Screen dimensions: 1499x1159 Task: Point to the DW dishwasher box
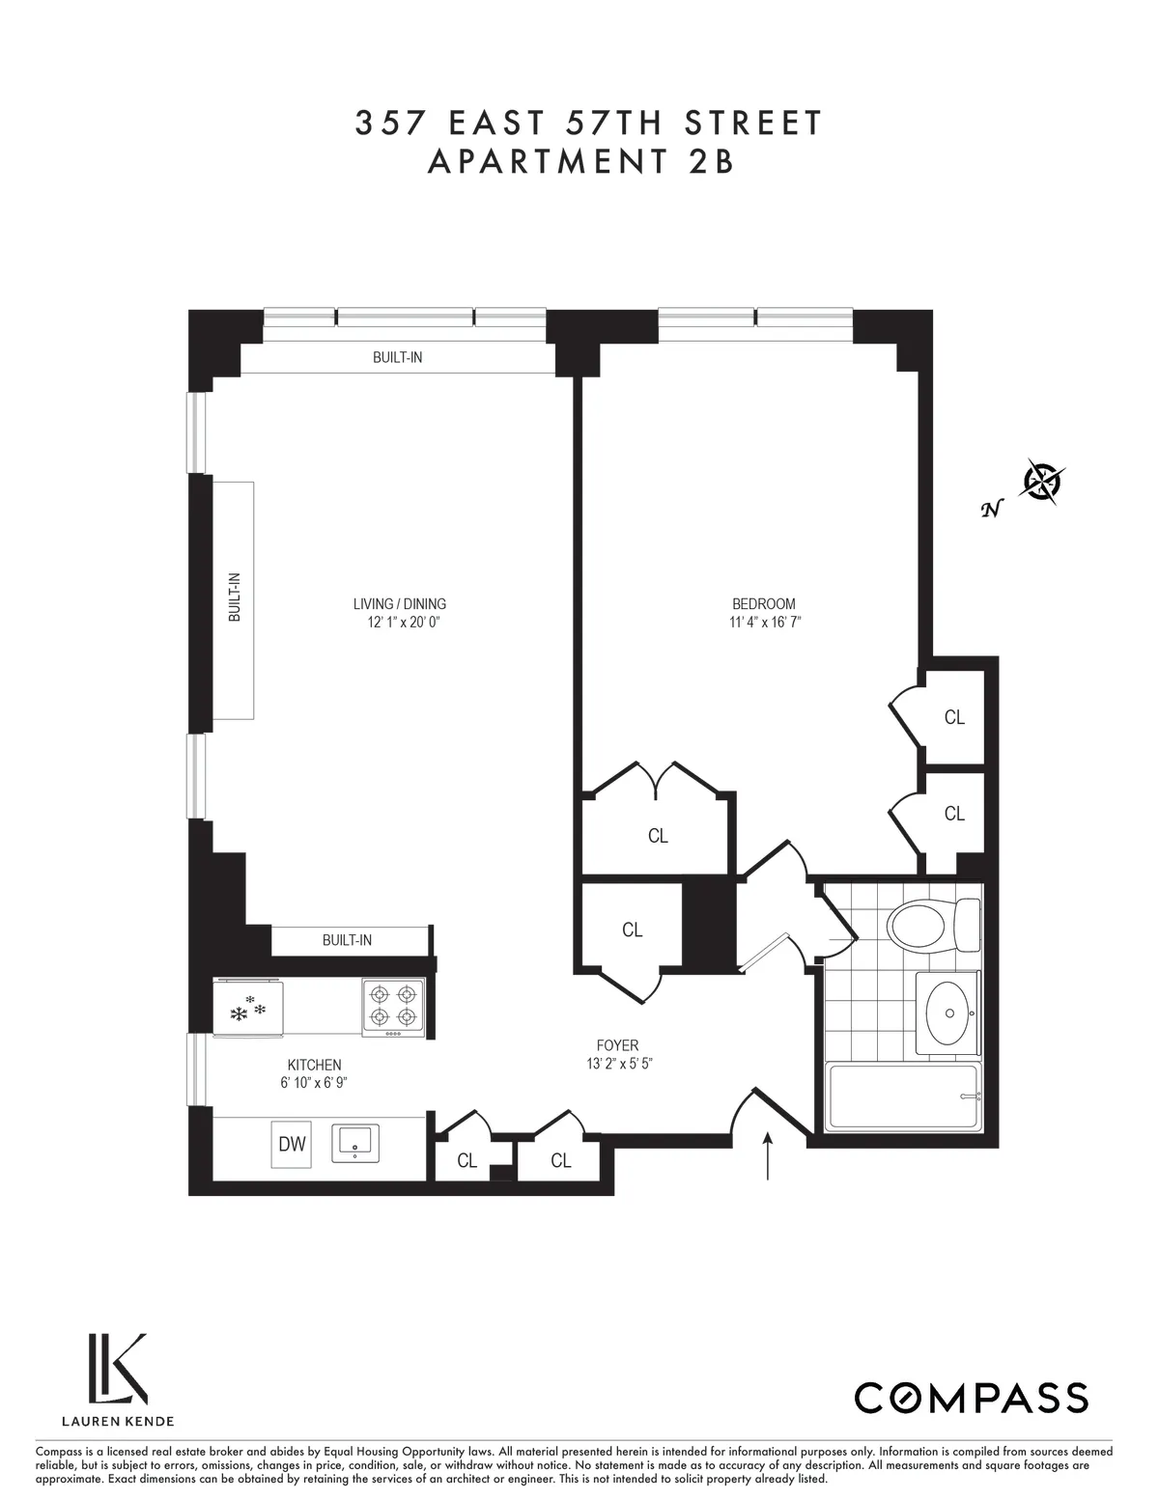click(292, 1144)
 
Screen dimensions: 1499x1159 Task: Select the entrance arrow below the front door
click(769, 1155)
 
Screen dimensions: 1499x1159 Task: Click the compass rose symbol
click(1043, 480)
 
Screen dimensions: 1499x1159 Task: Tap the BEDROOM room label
click(764, 604)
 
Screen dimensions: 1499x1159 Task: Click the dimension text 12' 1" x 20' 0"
click(399, 622)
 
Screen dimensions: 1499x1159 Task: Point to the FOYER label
click(617, 1045)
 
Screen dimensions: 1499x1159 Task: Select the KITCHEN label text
click(314, 1065)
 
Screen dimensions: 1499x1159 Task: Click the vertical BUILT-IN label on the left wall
click(234, 597)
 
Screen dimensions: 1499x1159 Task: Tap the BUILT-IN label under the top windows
click(397, 357)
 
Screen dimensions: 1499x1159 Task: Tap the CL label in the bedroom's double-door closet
click(658, 836)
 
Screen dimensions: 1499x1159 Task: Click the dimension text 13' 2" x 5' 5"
click(617, 1064)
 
